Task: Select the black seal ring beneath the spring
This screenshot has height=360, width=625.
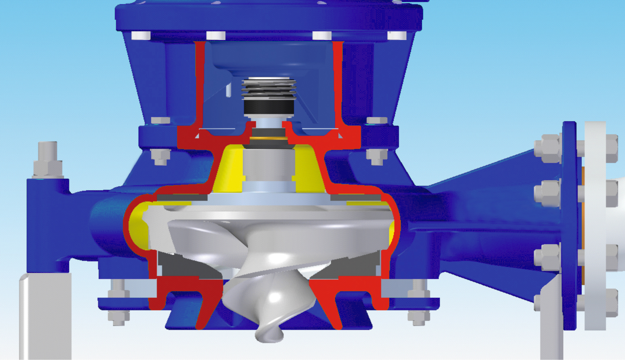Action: tap(268, 107)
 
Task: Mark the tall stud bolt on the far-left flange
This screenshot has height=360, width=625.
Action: tap(47, 160)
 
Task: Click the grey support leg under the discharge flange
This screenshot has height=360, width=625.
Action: tap(551, 319)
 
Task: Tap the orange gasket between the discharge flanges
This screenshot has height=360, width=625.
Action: tap(582, 226)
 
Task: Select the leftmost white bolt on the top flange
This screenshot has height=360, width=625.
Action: tap(141, 36)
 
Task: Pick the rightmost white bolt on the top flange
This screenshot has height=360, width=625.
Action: tap(397, 36)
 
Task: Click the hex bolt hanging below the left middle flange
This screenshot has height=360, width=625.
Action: tap(160, 157)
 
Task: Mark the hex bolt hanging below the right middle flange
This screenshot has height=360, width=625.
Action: tap(376, 157)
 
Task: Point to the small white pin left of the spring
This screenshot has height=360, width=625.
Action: tap(228, 90)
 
